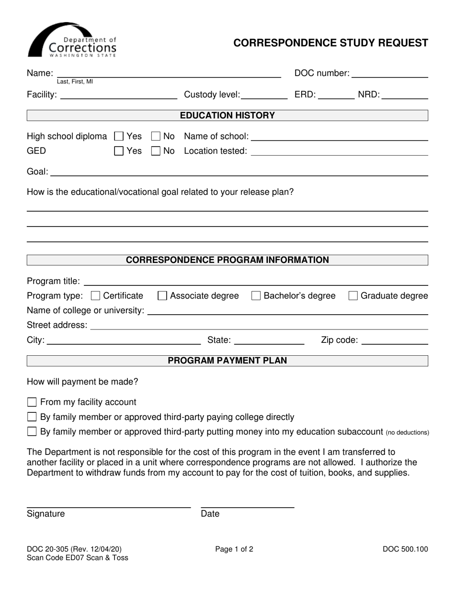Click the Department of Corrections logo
pos(72,40)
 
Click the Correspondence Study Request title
pos(330,43)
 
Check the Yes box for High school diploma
pos(119,136)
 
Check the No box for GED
pos(156,151)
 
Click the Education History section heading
pos(227,115)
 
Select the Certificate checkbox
pos(95,296)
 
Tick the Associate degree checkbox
pos(162,296)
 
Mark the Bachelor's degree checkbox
pos(256,296)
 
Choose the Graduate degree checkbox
pos(353,296)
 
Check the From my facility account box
pos(32,402)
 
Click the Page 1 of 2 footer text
pos(234,550)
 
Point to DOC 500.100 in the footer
pos(405,550)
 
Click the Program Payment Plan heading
pos(227,361)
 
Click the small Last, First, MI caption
pos(75,82)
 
